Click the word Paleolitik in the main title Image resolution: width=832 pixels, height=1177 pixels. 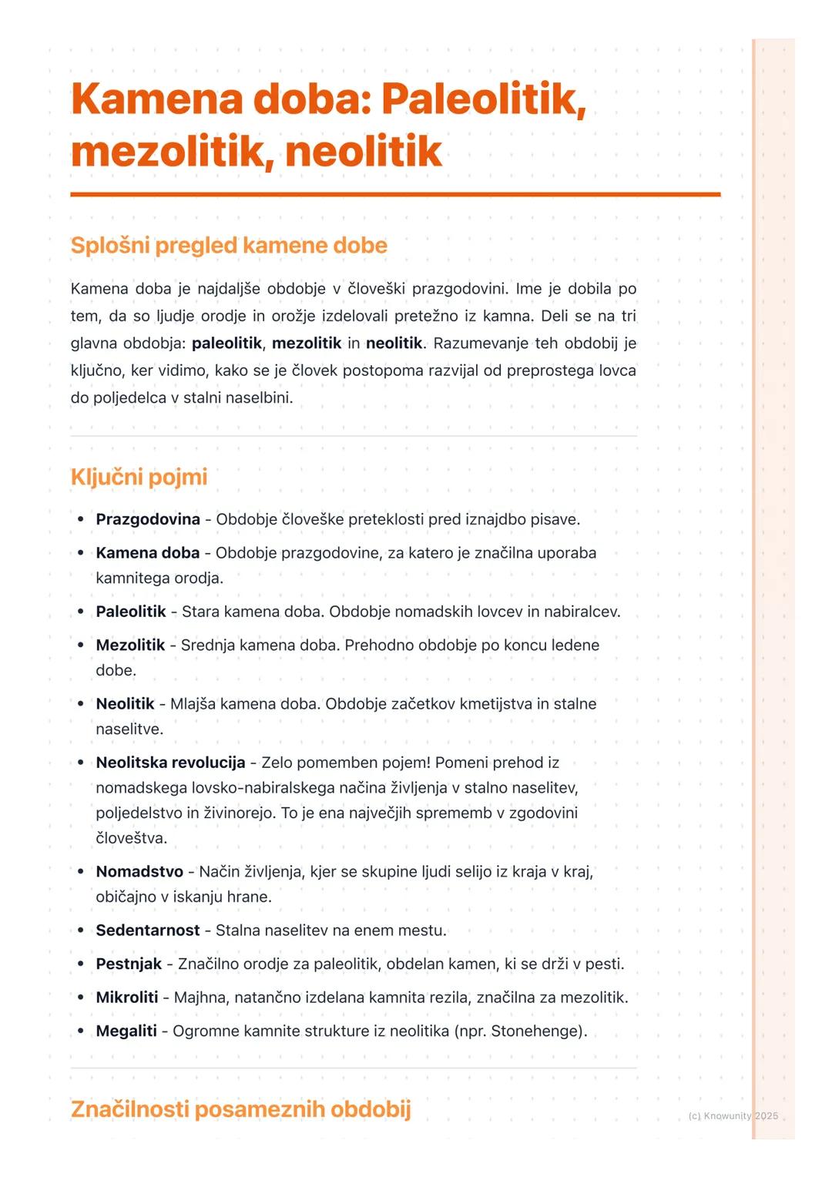click(483, 100)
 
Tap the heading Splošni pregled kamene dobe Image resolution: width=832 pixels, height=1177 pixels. click(229, 246)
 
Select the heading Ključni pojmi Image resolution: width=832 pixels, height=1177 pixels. click(139, 477)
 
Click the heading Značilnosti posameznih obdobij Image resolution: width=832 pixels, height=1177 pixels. click(240, 1109)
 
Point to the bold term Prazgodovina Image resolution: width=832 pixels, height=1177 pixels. click(148, 519)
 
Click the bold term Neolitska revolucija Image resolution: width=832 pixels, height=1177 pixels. click(170, 763)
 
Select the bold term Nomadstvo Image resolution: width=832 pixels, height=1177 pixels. click(139, 871)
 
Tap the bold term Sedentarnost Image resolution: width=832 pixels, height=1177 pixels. click(148, 931)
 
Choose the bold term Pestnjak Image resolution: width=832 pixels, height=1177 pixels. click(129, 964)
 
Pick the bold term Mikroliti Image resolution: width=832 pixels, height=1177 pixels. click(127, 998)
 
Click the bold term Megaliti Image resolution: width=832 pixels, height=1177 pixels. click(126, 1031)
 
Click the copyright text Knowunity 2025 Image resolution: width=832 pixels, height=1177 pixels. click(733, 1115)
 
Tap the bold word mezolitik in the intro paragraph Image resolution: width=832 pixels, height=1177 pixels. click(307, 343)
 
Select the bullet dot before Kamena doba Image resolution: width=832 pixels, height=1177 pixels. click(80, 553)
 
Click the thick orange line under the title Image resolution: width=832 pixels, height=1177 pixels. click(395, 195)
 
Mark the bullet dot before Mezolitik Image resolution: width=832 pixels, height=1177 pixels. click(80, 646)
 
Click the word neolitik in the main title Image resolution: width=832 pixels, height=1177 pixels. click(363, 152)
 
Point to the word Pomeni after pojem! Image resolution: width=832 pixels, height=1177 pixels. click(461, 763)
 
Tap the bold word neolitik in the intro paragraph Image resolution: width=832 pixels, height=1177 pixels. click(394, 343)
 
